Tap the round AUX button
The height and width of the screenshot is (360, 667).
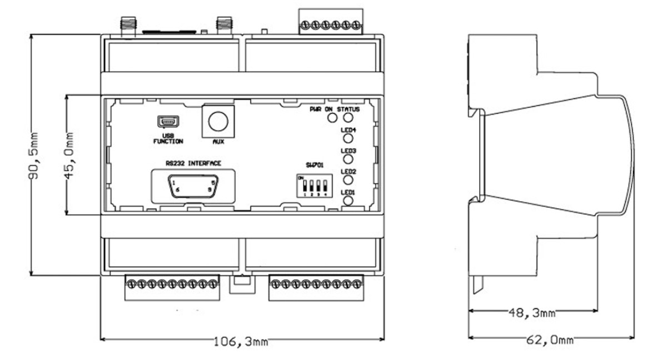[218, 121]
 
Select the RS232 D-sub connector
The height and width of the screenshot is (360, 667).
[192, 186]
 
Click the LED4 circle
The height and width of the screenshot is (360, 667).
[349, 139]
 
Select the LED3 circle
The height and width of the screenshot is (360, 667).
[349, 159]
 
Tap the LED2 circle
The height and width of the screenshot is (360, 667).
[349, 180]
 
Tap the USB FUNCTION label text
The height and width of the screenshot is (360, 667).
[168, 138]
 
